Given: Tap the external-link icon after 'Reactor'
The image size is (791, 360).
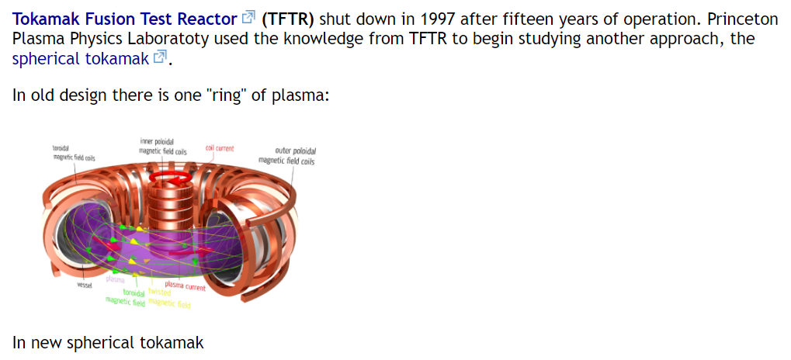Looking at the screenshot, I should (249, 18).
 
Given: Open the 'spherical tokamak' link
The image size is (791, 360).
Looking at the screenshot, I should (80, 58).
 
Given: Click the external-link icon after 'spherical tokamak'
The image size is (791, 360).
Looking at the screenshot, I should (161, 57).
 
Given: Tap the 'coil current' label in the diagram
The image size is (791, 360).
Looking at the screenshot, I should (220, 147).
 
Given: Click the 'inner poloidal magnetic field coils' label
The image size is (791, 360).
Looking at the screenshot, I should (163, 147).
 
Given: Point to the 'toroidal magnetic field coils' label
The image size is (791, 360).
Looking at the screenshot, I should (73, 153).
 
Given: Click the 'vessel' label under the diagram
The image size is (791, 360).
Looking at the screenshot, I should (85, 286).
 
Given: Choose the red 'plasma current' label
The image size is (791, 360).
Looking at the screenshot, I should (186, 286).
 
